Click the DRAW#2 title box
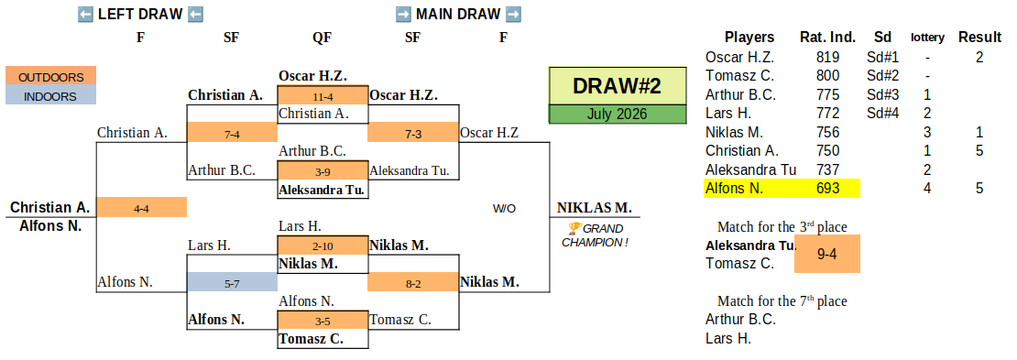point(618,85)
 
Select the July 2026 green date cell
point(618,115)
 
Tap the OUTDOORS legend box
point(50,77)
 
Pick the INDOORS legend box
point(50,96)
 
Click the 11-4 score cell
point(323,96)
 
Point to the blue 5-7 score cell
point(232,282)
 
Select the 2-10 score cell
point(323,245)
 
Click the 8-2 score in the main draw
point(413,282)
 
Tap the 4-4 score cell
point(141,208)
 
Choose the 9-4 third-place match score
point(827,255)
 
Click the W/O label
point(504,209)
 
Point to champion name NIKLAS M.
point(594,208)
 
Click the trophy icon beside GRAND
point(574,228)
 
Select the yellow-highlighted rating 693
point(827,189)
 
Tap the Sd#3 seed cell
point(882,94)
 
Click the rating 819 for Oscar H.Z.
point(827,57)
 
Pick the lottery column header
point(927,38)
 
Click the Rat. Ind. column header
point(827,37)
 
